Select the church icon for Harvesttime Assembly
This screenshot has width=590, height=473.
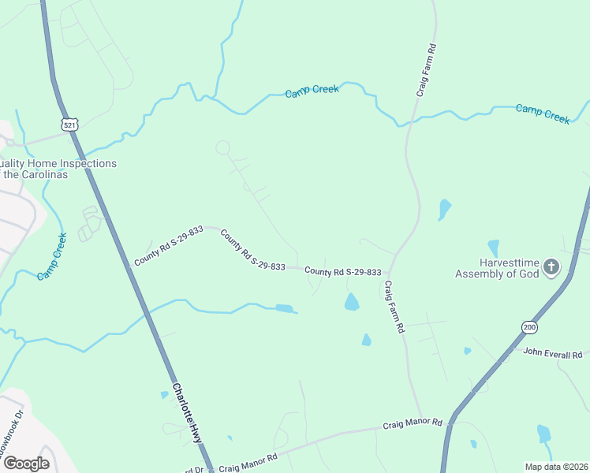coord(551,267)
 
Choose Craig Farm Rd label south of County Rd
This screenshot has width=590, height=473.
coord(394,306)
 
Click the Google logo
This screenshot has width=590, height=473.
coord(26,463)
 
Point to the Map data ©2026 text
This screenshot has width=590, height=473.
coord(556,467)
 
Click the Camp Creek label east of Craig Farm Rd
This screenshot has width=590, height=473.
coord(543,113)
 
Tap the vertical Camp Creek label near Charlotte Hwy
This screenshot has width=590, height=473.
coord(51,255)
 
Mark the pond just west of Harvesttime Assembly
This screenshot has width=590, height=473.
coord(494,248)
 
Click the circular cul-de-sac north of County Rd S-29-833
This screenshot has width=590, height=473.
coord(223,147)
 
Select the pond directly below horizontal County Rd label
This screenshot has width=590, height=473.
coord(352,301)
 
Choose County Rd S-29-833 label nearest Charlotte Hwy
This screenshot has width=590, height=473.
coord(168,245)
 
